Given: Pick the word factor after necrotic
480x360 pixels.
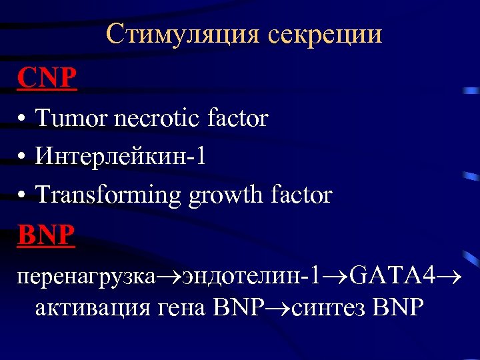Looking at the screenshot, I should click(x=237, y=119).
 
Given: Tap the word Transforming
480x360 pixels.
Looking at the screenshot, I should click(x=108, y=195).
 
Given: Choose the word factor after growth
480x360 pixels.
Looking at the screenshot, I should click(x=301, y=195).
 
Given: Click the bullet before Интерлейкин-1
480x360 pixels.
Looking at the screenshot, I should click(x=23, y=158).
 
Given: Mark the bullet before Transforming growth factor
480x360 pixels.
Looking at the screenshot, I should click(x=23, y=196).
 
